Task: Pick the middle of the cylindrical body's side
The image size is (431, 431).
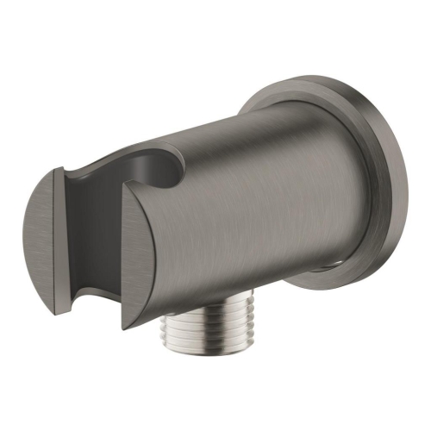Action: click(x=259, y=207)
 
